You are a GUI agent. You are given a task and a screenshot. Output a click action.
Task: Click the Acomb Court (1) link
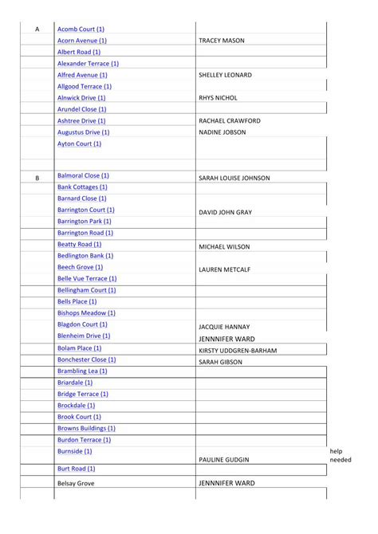pyautogui.click(x=81, y=29)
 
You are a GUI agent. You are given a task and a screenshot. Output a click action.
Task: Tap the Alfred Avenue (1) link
pyautogui.click(x=82, y=75)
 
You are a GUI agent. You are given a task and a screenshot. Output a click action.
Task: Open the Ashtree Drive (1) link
pyautogui.click(x=82, y=120)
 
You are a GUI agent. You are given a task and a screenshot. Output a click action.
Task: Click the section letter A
pyautogui.click(x=37, y=29)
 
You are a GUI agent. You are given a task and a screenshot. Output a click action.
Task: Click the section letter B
pyautogui.click(x=37, y=178)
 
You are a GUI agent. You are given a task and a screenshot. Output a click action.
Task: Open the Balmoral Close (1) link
pyautogui.click(x=83, y=175)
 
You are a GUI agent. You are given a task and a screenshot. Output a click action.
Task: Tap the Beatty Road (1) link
pyautogui.click(x=79, y=244)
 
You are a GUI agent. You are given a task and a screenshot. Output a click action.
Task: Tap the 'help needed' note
pyautogui.click(x=340, y=455)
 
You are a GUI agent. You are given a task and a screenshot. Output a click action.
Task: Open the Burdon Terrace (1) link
pyautogui.click(x=84, y=439)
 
